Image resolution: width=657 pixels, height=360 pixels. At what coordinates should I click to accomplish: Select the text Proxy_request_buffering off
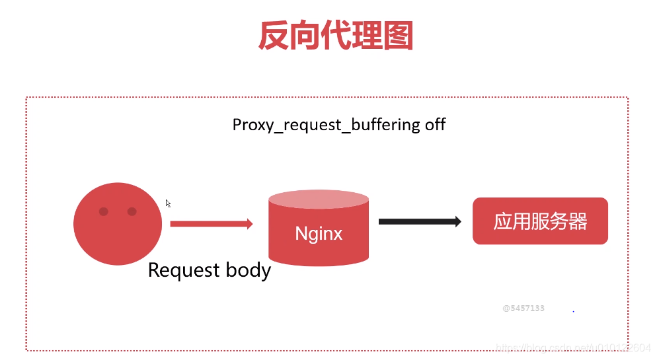tap(338, 124)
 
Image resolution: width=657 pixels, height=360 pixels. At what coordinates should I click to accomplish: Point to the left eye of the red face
tap(104, 211)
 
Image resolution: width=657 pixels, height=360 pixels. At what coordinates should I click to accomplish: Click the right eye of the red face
tap(132, 211)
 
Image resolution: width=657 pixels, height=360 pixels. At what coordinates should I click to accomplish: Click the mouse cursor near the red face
tap(168, 203)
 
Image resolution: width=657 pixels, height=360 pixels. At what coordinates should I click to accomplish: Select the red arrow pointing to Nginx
tap(211, 224)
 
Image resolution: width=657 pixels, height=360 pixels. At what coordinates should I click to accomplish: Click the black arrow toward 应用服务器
tap(419, 222)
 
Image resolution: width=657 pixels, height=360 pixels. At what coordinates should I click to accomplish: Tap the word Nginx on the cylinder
tap(319, 233)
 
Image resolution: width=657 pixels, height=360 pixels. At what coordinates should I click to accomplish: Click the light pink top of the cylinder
tap(319, 199)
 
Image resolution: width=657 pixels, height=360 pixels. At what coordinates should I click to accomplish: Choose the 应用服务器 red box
tap(540, 221)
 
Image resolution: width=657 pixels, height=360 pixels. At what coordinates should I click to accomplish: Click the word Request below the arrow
tap(182, 270)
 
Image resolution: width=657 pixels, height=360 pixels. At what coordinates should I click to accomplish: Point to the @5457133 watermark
tap(523, 308)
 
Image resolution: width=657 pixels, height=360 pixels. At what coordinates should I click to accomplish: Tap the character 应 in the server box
tap(503, 221)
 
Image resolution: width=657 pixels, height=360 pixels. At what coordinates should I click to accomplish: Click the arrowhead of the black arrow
tap(457, 222)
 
